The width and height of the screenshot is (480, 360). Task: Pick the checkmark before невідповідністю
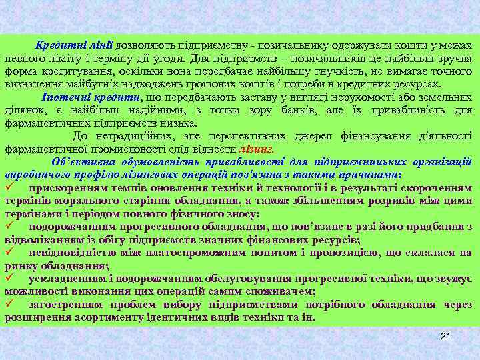point(11,252)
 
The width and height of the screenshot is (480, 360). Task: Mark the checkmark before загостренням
point(11,304)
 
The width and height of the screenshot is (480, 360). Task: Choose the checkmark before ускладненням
point(11,278)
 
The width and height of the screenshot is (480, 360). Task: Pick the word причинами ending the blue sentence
point(369,174)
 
